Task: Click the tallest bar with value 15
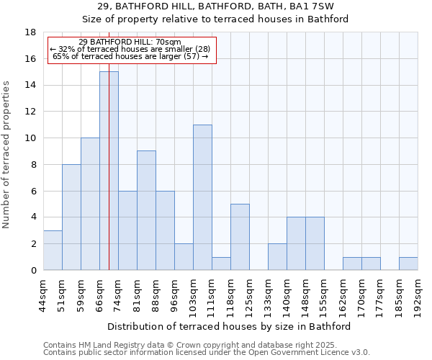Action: coord(109,171)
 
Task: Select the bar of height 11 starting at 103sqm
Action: coord(202,197)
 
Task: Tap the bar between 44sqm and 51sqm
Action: coord(53,251)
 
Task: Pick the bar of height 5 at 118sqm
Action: coord(240,237)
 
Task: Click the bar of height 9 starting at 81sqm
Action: coord(146,210)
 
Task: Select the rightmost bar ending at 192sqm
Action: coord(408,264)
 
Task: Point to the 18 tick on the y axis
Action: coord(31,32)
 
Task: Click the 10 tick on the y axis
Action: coord(31,138)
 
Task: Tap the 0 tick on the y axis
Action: coord(34,271)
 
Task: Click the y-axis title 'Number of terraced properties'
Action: coord(7,155)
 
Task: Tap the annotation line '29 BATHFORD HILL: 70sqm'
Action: coord(130,42)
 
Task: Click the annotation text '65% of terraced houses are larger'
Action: coord(130,56)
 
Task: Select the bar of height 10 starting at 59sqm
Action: coord(90,204)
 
